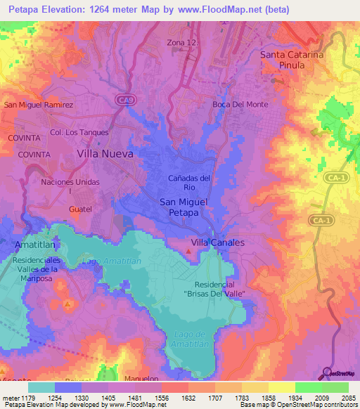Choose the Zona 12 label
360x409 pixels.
coord(181,43)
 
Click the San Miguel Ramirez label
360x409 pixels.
coord(39,105)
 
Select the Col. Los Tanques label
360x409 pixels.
coord(79,132)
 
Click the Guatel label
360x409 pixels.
coord(81,209)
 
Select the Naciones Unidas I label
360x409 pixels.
coord(66,186)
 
